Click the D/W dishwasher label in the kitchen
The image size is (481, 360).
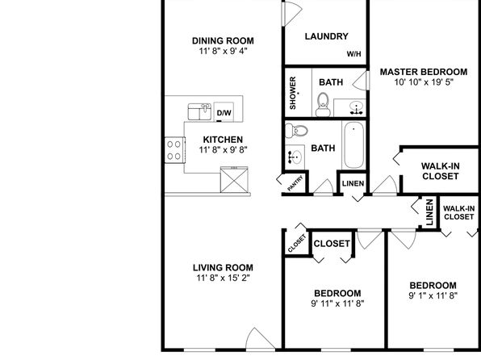pyautogui.click(x=224, y=113)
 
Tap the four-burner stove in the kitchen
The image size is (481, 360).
pyautogui.click(x=175, y=150)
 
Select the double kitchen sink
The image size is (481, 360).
pyautogui.click(x=199, y=111)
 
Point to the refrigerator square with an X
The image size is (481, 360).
pyautogui.click(x=234, y=180)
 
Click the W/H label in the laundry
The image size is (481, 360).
pyautogui.click(x=353, y=54)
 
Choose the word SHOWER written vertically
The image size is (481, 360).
pyautogui.click(x=293, y=93)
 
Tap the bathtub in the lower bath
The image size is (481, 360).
pyautogui.click(x=353, y=144)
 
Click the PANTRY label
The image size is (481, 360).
pyautogui.click(x=295, y=183)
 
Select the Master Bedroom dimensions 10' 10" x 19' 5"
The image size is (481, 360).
pyautogui.click(x=424, y=82)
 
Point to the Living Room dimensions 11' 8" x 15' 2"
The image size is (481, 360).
pyautogui.click(x=223, y=278)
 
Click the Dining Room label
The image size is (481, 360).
pyautogui.click(x=223, y=40)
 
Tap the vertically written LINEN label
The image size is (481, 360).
pyautogui.click(x=429, y=212)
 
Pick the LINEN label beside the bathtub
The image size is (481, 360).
pyautogui.click(x=353, y=183)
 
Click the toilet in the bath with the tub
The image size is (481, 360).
pyautogui.click(x=296, y=131)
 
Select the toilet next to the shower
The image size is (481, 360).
pyautogui.click(x=323, y=105)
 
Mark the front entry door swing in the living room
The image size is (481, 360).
pyautogui.click(x=260, y=338)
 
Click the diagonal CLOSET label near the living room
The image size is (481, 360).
pyautogui.click(x=297, y=243)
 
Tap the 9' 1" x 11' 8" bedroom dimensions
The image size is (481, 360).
pyautogui.click(x=433, y=296)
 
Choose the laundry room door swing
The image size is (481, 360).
pyautogui.click(x=291, y=13)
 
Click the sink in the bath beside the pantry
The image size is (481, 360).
pyautogui.click(x=295, y=157)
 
